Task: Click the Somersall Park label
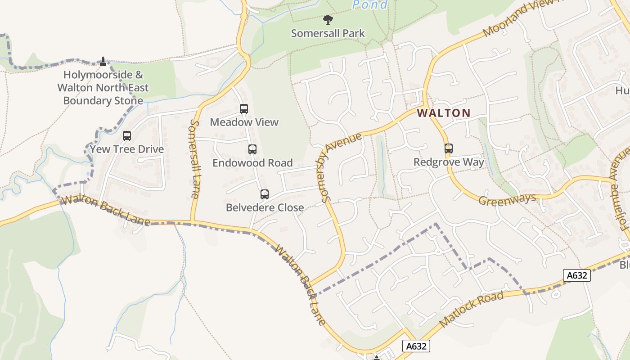[328, 33]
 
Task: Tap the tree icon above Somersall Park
[328, 19]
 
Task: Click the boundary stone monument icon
[103, 61]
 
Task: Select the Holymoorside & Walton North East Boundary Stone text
[103, 88]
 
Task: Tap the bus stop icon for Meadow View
[244, 108]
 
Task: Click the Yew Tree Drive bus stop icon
[127, 135]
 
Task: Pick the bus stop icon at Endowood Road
[252, 149]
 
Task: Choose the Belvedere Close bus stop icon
[265, 194]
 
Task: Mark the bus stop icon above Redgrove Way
[448, 148]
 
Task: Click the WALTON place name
[444, 113]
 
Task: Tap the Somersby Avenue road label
[341, 166]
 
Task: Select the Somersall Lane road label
[194, 159]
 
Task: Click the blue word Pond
[370, 5]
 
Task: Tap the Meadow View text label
[244, 122]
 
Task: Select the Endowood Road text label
[252, 163]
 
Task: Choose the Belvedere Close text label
[265, 207]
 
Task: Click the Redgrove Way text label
[449, 162]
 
